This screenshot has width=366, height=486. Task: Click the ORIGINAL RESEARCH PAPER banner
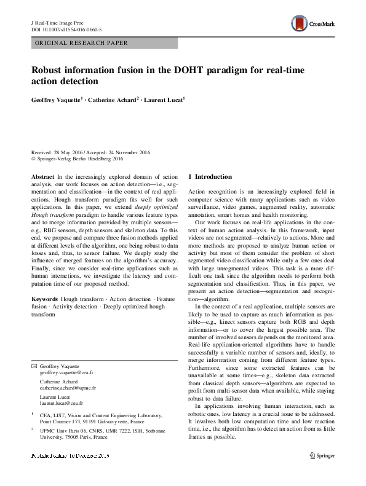81,43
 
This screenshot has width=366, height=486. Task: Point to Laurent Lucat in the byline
165,99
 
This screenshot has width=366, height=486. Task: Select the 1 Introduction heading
210,177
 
